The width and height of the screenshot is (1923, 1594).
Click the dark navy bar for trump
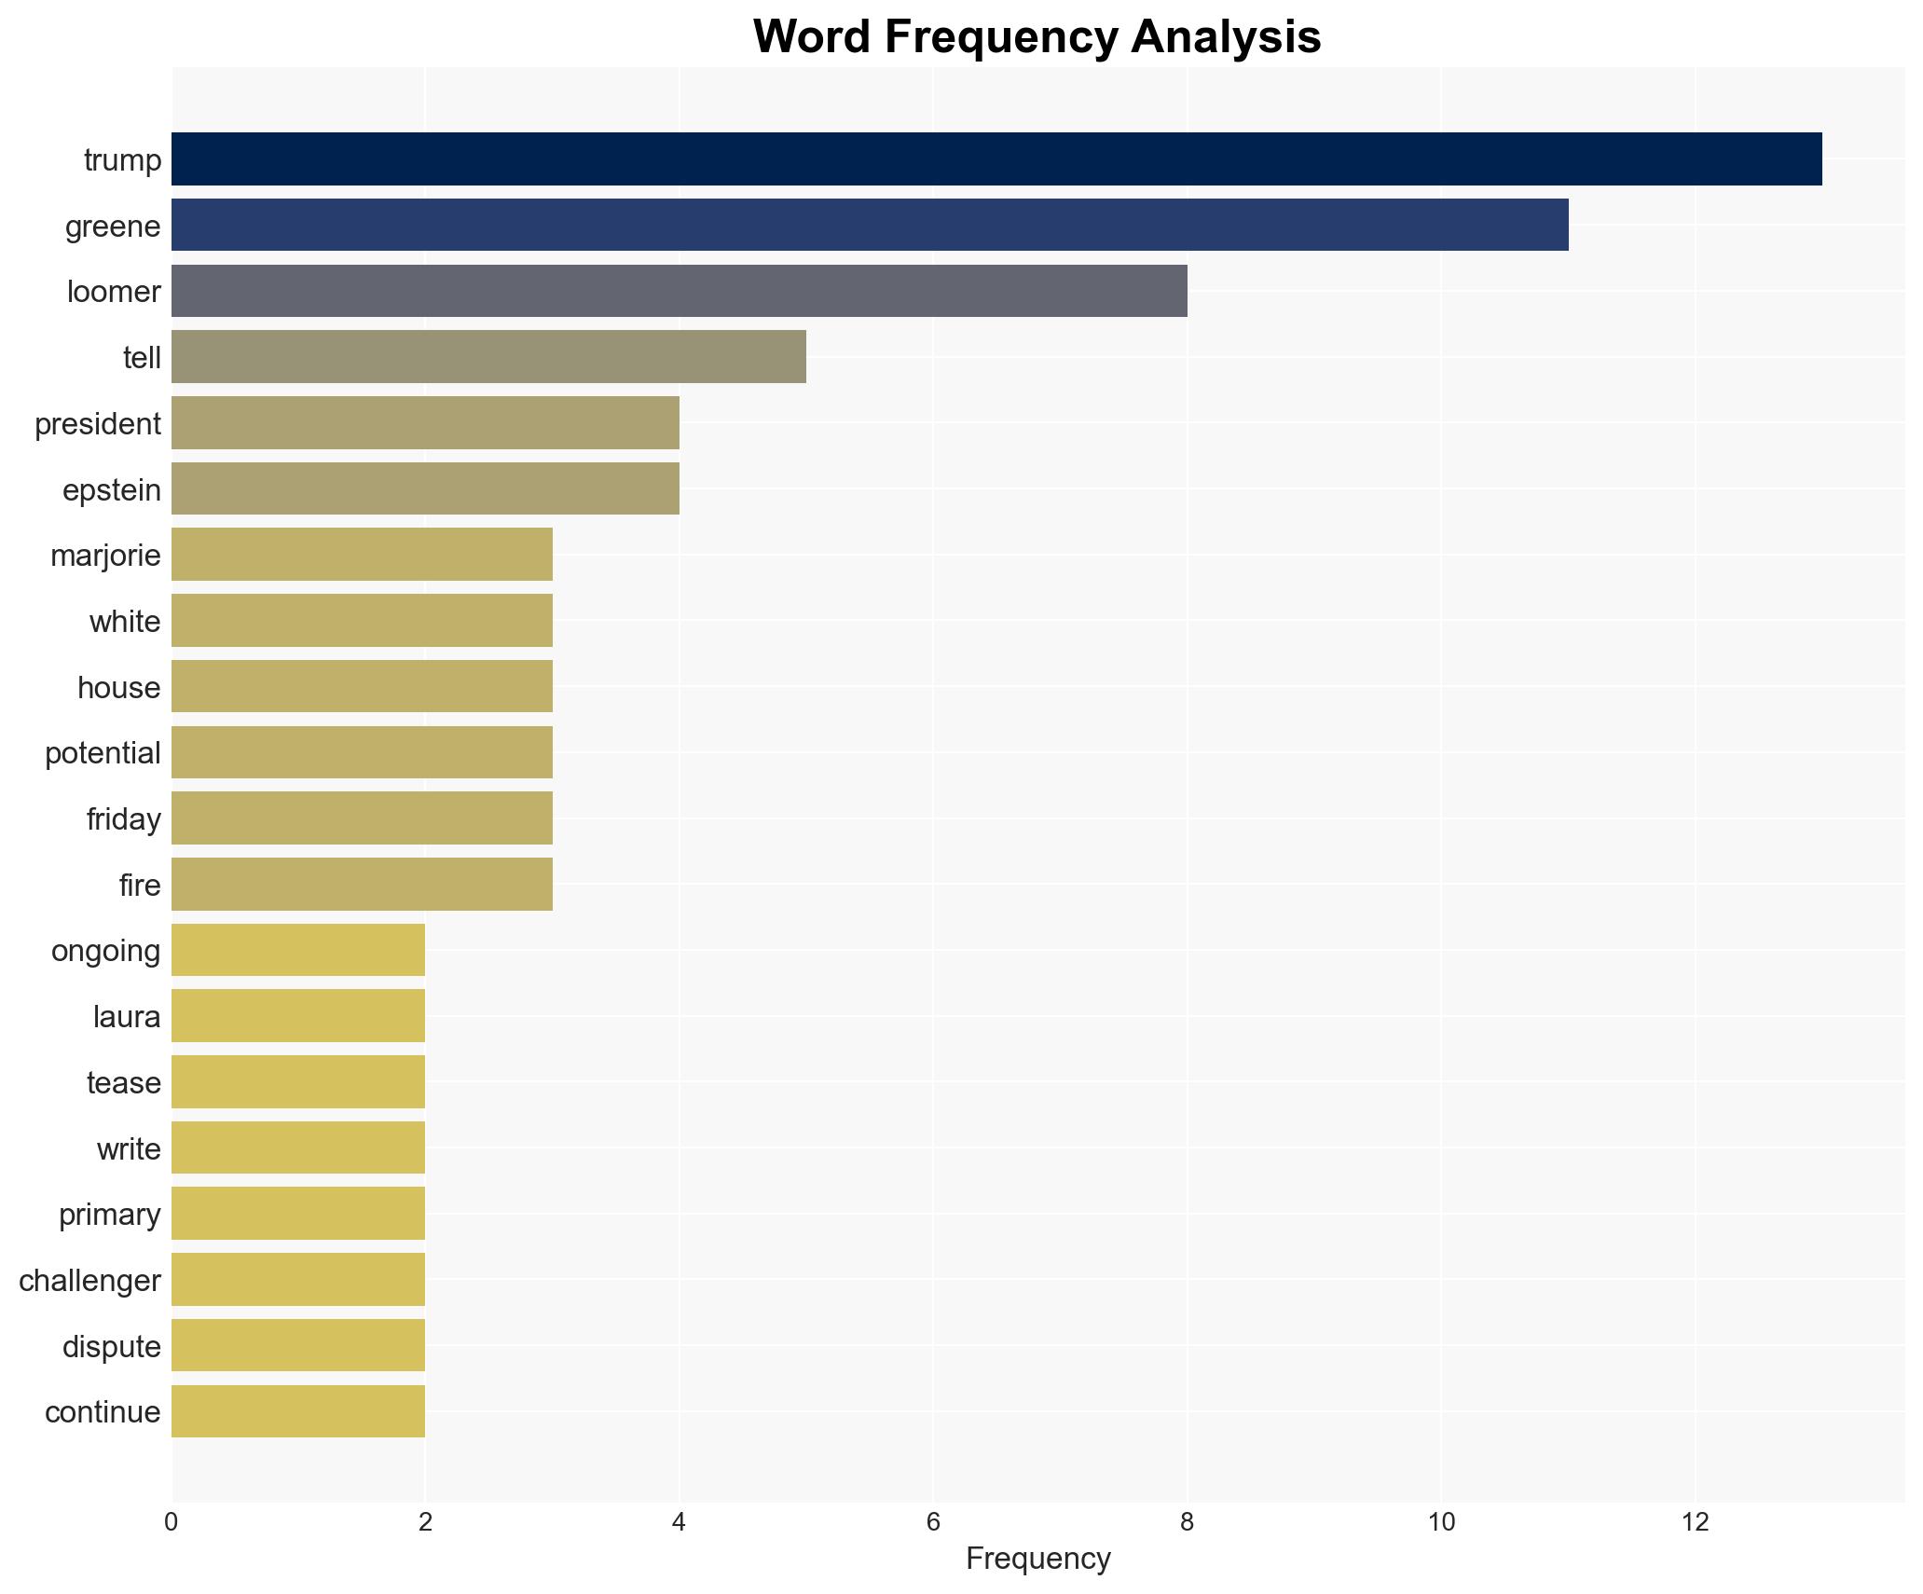click(x=996, y=159)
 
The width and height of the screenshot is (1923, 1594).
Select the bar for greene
click(x=869, y=226)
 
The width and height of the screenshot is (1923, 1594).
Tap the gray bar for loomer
click(x=679, y=291)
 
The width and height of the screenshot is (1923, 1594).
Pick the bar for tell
click(x=488, y=357)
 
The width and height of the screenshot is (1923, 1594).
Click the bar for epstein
click(x=425, y=489)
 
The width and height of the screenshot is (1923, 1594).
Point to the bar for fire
click(x=362, y=885)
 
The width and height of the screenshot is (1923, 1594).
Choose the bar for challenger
click(x=298, y=1280)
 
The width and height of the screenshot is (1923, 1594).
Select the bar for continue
click(x=298, y=1411)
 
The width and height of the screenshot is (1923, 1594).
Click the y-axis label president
click(x=98, y=424)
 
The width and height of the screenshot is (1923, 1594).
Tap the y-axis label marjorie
click(x=105, y=556)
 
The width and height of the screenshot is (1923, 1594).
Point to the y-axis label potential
click(x=103, y=753)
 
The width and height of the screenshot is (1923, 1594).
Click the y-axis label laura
click(x=127, y=1016)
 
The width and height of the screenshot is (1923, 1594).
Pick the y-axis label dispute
click(x=111, y=1346)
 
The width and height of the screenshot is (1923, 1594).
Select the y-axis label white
click(x=125, y=622)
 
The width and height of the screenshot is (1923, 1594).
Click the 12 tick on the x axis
click(x=1695, y=1522)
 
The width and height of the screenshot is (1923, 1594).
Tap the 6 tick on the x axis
click(x=933, y=1522)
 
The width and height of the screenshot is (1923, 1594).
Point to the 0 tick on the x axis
click(x=172, y=1522)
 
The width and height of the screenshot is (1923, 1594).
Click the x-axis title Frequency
click(x=1037, y=1559)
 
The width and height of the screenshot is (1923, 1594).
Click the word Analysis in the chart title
click(x=1226, y=37)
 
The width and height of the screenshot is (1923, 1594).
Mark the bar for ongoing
click(x=298, y=950)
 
